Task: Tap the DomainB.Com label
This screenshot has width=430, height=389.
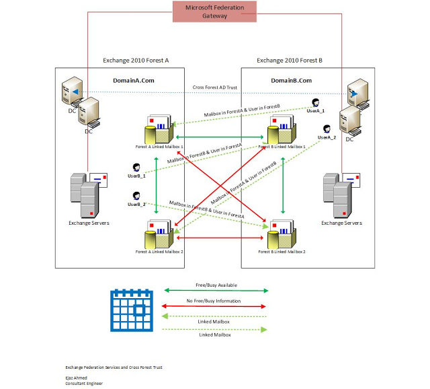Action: tap(291, 80)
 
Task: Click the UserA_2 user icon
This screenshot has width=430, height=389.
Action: tap(327, 129)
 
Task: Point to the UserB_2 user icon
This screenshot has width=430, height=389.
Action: tap(136, 196)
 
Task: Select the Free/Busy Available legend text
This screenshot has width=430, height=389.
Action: tap(216, 285)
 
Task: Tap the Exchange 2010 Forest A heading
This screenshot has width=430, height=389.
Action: tap(136, 60)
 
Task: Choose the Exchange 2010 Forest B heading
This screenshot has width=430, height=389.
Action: tap(290, 60)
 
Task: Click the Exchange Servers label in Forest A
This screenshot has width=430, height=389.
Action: tap(88, 223)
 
